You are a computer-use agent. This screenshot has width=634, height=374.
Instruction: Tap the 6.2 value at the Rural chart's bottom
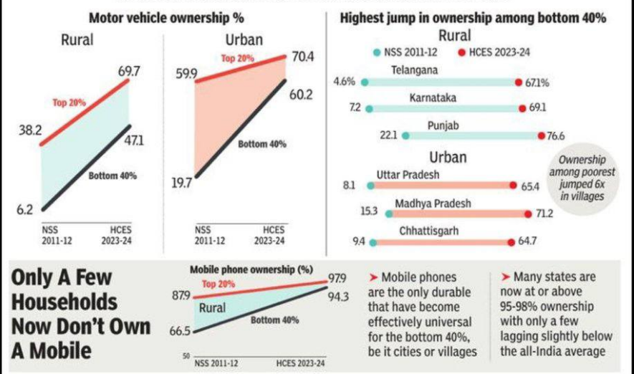tap(24, 210)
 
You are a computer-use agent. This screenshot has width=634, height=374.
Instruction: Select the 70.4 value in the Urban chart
tap(301, 57)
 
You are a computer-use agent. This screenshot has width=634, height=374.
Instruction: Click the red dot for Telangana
tap(518, 82)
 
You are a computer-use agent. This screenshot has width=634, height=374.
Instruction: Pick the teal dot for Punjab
tap(405, 135)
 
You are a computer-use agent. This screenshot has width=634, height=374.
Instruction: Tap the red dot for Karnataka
tap(522, 109)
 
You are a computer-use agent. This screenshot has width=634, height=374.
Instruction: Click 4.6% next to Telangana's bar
tap(345, 82)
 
